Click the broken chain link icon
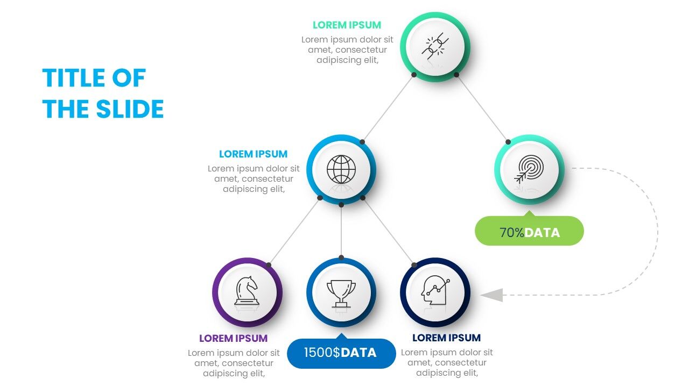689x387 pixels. click(435, 46)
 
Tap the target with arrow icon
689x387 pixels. click(529, 169)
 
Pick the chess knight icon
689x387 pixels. click(247, 291)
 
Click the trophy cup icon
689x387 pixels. click(341, 293)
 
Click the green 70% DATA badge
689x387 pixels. click(529, 232)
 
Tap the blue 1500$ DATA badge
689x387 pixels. click(341, 353)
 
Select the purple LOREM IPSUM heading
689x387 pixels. click(233, 339)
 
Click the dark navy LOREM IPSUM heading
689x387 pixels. click(446, 338)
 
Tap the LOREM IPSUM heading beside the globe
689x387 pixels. click(253, 154)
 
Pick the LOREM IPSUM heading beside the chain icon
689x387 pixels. click(347, 25)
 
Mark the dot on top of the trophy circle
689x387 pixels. click(341, 257)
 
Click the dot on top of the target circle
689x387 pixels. click(508, 142)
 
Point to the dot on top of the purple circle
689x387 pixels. click(269, 265)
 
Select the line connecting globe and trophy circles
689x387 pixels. click(341, 231)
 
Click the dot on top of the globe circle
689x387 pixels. click(362, 142)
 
